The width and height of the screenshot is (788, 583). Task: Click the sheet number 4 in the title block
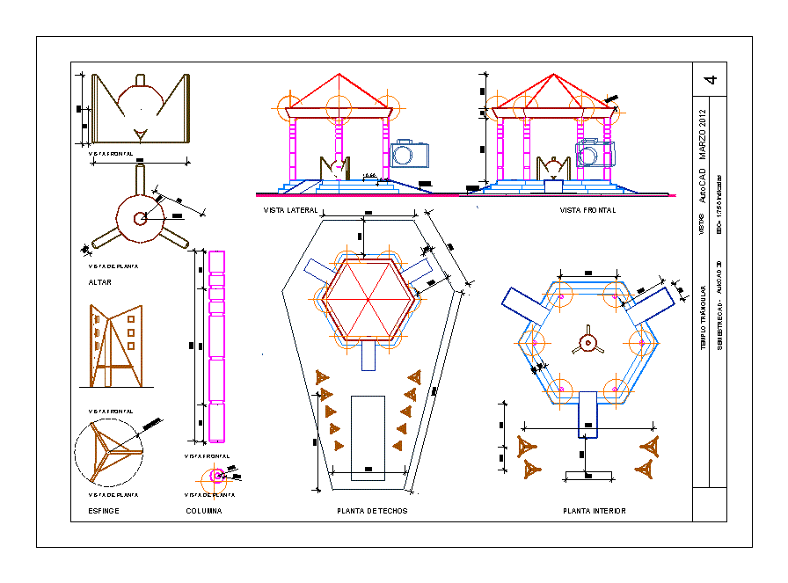(711, 79)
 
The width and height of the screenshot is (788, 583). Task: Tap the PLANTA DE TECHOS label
(372, 511)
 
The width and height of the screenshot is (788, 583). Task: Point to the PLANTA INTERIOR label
(594, 511)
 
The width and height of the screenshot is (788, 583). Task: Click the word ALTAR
(99, 282)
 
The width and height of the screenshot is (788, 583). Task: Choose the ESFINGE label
(104, 511)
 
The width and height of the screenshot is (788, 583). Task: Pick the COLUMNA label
(204, 511)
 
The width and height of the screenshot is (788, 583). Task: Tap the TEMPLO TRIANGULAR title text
(703, 317)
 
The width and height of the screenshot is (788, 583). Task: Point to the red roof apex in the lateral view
(339, 75)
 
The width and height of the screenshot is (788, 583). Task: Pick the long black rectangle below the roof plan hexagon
(368, 438)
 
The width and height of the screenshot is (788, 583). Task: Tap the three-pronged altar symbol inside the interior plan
(586, 342)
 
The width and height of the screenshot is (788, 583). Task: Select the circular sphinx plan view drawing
(109, 452)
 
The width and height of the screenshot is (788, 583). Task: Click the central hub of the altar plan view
(138, 219)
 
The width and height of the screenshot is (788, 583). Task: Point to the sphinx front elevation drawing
(115, 346)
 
